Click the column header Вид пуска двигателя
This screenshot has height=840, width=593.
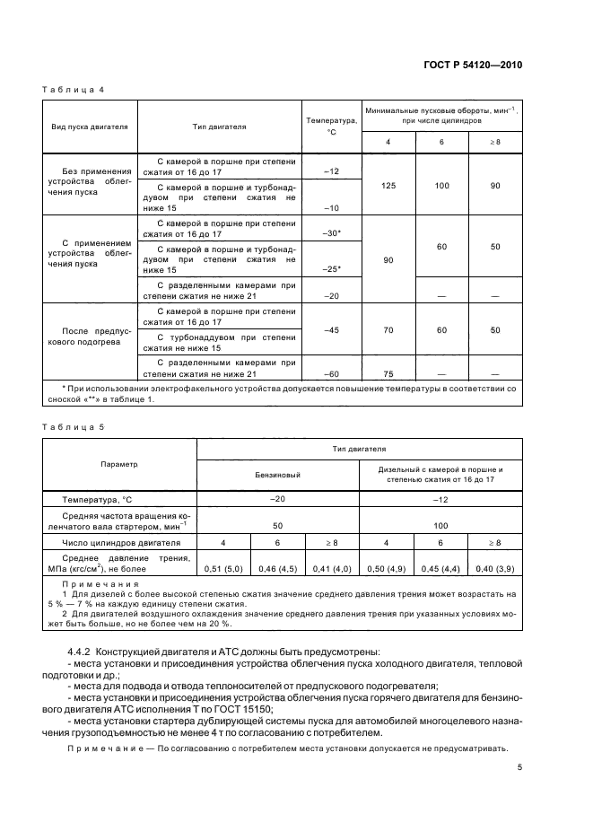coord(89,127)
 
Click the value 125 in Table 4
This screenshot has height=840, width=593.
coord(388,186)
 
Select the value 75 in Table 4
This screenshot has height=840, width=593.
coord(388,374)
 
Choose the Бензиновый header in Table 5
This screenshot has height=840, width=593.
coord(278,474)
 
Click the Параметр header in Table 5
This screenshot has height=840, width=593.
coord(119,464)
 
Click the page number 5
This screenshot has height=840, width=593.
coord(519,767)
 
